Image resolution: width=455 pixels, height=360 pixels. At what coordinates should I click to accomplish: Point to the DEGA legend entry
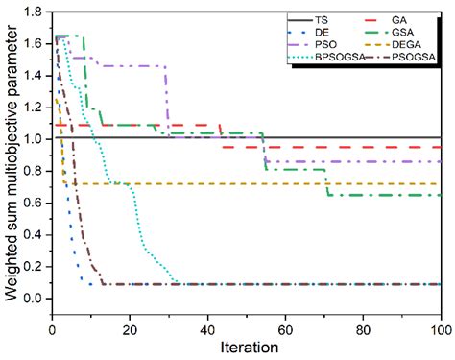[x=406, y=43]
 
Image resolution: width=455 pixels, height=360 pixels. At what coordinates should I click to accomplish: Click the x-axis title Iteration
[x=246, y=347]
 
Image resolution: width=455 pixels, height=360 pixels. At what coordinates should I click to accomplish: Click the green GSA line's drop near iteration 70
[x=326, y=182]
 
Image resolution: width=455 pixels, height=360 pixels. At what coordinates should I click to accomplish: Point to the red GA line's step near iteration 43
[x=220, y=135]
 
